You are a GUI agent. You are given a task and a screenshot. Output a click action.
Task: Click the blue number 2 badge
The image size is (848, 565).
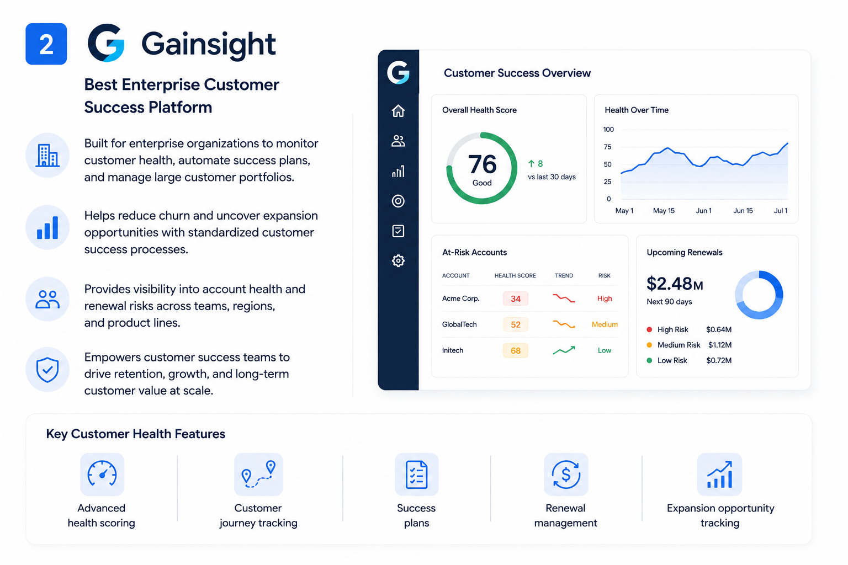tap(46, 44)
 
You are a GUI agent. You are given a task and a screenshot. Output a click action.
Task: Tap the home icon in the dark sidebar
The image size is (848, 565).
tap(398, 111)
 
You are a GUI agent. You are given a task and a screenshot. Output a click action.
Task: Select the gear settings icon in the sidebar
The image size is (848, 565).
tap(398, 261)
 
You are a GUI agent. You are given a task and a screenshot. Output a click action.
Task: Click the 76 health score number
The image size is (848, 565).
tap(482, 164)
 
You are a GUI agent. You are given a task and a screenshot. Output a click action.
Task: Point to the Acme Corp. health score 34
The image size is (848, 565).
tap(515, 299)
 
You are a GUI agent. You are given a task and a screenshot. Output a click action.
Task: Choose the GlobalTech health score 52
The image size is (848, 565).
tap(515, 324)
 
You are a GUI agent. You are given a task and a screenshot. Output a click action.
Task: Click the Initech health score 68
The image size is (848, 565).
tap(515, 350)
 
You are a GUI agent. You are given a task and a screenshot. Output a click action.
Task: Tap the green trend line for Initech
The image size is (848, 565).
tap(564, 350)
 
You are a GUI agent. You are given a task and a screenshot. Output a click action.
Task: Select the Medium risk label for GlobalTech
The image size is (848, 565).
tap(605, 324)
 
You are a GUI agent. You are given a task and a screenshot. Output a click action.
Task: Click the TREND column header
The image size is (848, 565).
tap(564, 275)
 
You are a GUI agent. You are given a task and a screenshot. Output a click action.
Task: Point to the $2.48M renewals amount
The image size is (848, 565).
tap(675, 284)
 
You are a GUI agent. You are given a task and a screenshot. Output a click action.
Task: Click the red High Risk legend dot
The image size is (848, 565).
tap(649, 329)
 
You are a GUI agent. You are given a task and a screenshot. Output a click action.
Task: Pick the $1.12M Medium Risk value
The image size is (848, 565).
tap(720, 345)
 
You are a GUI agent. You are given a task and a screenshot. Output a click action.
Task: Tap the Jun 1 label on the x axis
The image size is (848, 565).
tap(703, 211)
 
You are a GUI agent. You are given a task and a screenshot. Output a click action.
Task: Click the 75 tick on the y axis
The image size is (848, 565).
tap(607, 147)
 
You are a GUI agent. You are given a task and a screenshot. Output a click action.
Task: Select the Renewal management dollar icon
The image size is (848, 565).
tap(566, 474)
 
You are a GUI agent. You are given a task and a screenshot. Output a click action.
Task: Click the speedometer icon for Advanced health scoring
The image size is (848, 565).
tap(102, 474)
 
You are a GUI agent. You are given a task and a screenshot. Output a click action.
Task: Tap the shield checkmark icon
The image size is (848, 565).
tap(47, 369)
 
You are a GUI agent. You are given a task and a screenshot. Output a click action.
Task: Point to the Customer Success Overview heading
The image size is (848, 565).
tap(517, 73)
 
